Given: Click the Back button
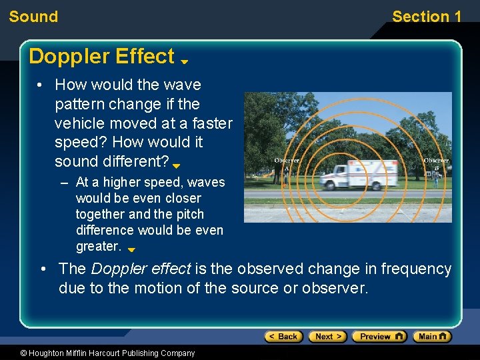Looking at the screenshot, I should [283, 337].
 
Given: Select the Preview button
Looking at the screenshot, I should [379, 337].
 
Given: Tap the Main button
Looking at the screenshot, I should [431, 337].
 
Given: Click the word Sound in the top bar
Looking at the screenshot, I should [33, 17].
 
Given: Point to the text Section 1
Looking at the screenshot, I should [426, 17].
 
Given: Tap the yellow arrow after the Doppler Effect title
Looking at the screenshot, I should [185, 61].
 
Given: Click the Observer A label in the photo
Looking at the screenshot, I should [287, 161].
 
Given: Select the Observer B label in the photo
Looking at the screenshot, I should [436, 161].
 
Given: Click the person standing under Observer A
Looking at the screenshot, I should [287, 174].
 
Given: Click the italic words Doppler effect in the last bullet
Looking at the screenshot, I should [141, 269].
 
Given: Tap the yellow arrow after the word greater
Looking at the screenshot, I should [131, 250].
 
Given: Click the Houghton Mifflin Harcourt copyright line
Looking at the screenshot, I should [98, 353].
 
